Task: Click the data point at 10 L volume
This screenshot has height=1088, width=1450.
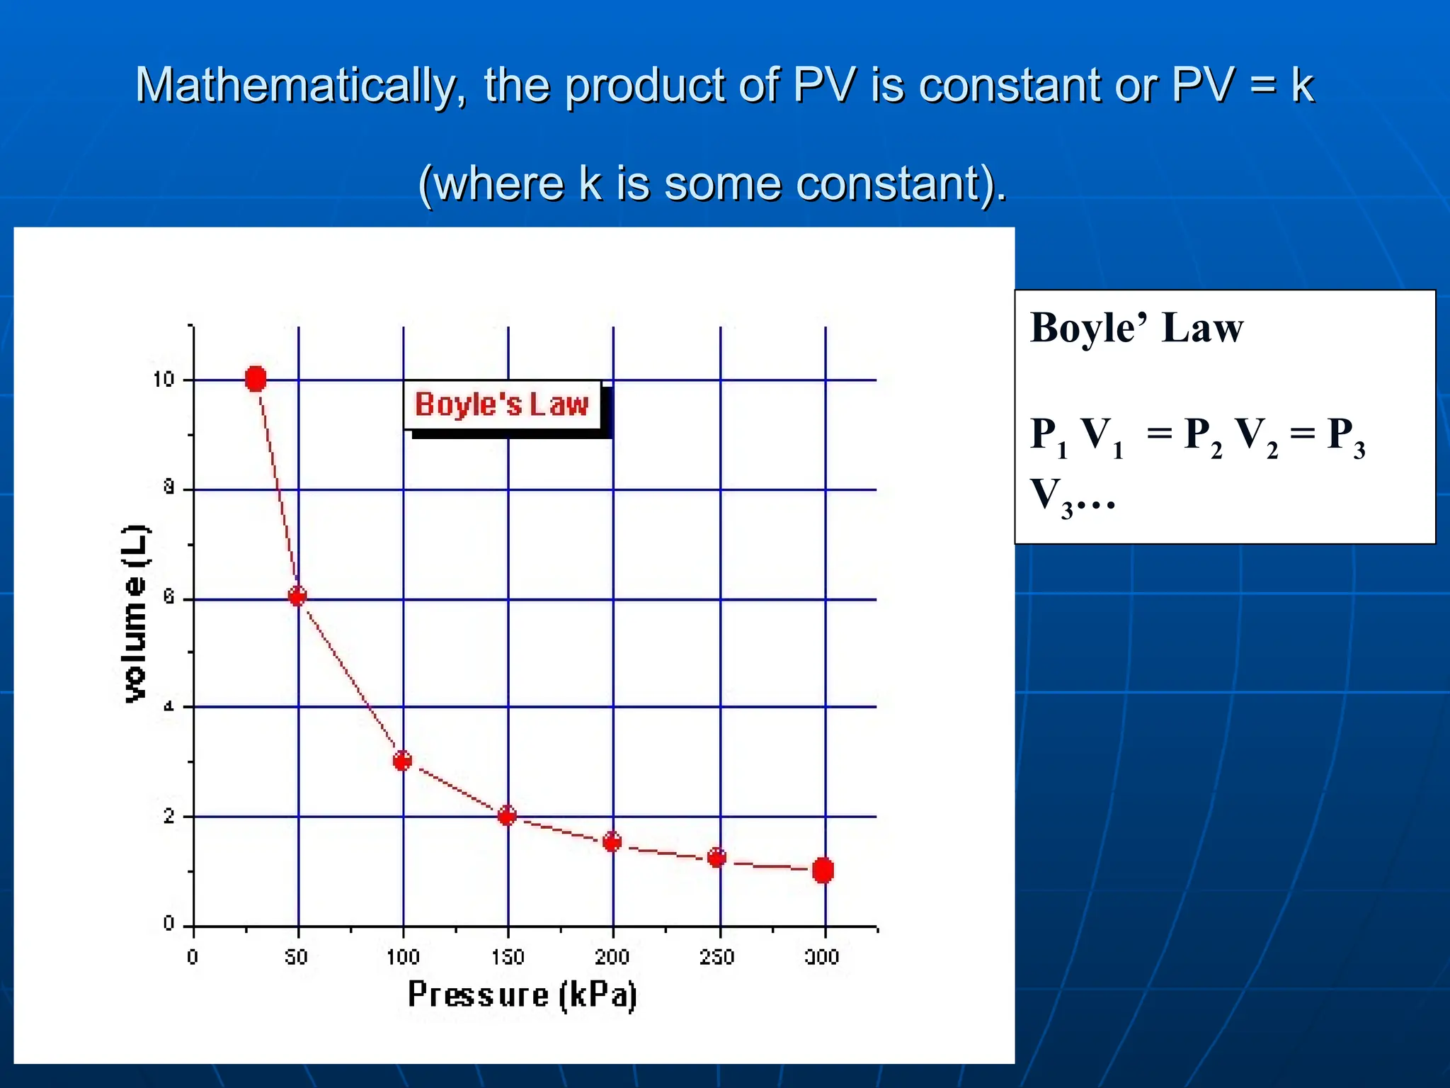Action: [256, 379]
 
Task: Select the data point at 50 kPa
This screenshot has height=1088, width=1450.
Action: [297, 596]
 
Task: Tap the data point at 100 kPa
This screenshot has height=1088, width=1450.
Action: [402, 761]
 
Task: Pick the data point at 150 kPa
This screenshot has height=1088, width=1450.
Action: [507, 815]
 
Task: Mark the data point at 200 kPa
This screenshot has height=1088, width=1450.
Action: [612, 841]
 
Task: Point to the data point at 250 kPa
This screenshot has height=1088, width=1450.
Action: [717, 858]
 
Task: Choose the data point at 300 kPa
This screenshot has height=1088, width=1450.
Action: [823, 870]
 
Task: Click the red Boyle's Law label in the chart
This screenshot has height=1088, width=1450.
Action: [502, 404]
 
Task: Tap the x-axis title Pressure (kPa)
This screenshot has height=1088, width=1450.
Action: [523, 994]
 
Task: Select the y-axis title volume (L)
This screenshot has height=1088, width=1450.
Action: [135, 614]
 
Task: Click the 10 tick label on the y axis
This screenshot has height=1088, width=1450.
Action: [164, 380]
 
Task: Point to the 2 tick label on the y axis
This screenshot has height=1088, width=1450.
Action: [169, 817]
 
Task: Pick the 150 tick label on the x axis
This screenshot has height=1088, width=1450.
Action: [508, 957]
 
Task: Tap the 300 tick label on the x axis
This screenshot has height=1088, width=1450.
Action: [822, 957]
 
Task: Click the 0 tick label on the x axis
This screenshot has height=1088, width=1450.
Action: [193, 957]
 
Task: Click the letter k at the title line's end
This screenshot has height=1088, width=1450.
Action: [1301, 85]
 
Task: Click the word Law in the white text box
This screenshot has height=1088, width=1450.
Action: [1202, 328]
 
